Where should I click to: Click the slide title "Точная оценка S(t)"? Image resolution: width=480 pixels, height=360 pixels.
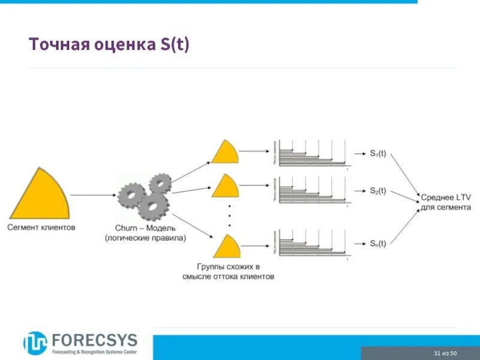pyautogui.click(x=109, y=45)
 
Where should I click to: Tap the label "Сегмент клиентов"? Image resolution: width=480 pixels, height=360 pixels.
pyautogui.click(x=41, y=228)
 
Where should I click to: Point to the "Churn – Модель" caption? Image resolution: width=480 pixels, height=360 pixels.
pyautogui.click(x=145, y=229)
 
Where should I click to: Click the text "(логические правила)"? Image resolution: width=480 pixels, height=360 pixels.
pyautogui.click(x=145, y=238)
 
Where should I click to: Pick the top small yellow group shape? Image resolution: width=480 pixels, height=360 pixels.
pyautogui.click(x=225, y=152)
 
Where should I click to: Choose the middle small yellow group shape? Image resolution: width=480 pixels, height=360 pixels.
pyautogui.click(x=225, y=187)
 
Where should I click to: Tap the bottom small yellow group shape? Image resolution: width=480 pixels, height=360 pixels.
pyautogui.click(x=226, y=247)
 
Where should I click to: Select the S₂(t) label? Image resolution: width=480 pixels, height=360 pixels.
pyautogui.click(x=377, y=191)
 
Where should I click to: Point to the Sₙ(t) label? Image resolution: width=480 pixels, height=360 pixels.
pyautogui.click(x=377, y=244)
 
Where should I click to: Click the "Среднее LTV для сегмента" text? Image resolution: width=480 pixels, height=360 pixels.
pyautogui.click(x=445, y=202)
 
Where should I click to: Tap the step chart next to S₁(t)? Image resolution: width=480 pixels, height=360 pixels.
pyautogui.click(x=312, y=153)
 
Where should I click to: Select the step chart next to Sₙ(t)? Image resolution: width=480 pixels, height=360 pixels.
pyautogui.click(x=312, y=243)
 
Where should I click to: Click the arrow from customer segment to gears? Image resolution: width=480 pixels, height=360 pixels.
pyautogui.click(x=93, y=195)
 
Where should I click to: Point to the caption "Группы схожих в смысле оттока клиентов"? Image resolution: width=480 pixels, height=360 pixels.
pyautogui.click(x=228, y=271)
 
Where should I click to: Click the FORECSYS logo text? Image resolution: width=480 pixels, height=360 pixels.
pyautogui.click(x=94, y=340)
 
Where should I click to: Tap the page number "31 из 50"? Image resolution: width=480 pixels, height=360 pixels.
pyautogui.click(x=445, y=353)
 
